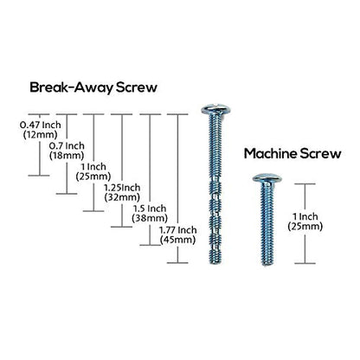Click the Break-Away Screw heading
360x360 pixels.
click(93, 87)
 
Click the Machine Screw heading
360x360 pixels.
click(292, 153)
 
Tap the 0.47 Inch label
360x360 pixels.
click(41, 125)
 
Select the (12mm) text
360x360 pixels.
click(40, 134)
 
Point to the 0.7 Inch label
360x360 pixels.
click(67, 145)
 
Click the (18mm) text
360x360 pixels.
click(67, 156)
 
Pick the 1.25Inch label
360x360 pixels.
click(122, 188)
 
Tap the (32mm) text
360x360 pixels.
click(122, 197)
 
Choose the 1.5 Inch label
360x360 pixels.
click(150, 209)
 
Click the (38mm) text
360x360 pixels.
click(150, 218)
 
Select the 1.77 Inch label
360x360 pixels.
click(178, 230)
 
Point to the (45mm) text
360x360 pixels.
click(177, 240)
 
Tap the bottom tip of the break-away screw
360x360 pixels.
click(215, 263)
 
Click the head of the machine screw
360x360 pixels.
click(267, 178)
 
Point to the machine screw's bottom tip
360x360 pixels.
click(267, 264)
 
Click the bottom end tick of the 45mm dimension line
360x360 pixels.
click(177, 262)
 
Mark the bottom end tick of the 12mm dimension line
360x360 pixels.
click(39, 176)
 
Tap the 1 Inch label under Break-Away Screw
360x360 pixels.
click(93, 167)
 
